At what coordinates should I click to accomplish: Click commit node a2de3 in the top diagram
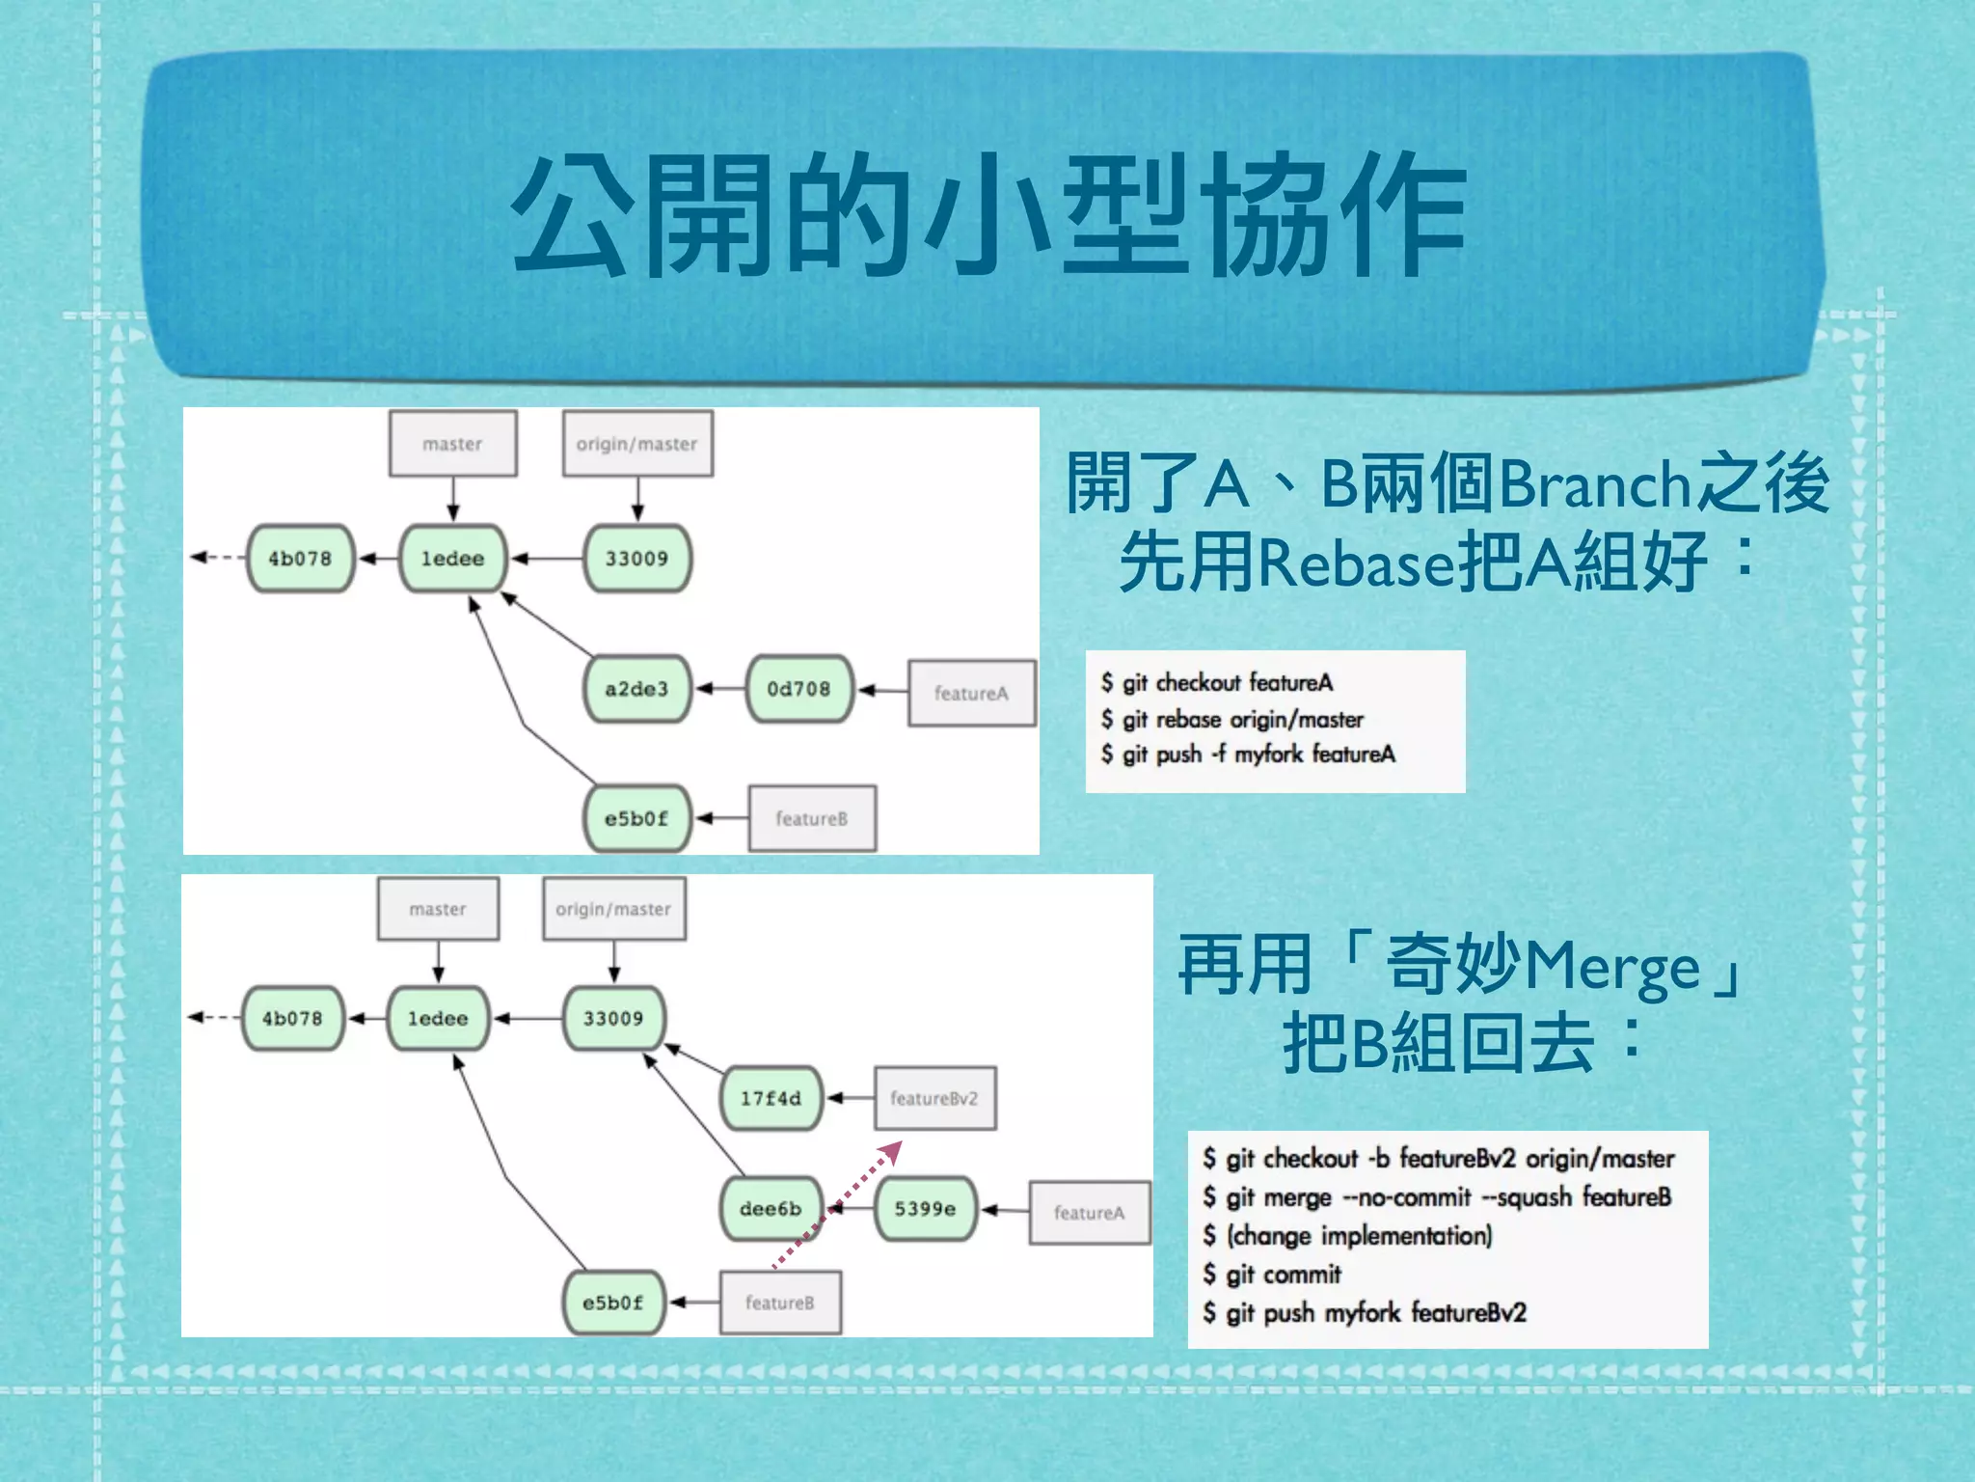[636, 689]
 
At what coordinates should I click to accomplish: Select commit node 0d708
[798, 689]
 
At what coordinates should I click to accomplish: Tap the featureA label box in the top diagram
[971, 693]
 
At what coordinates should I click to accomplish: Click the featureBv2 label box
[934, 1098]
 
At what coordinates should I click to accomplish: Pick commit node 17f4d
[771, 1098]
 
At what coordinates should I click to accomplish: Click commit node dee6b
[770, 1209]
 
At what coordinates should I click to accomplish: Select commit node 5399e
[925, 1209]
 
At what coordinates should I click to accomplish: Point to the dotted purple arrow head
[894, 1149]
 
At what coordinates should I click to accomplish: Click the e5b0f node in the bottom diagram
[612, 1303]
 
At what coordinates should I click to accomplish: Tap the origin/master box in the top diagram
[637, 444]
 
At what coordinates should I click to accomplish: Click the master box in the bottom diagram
[438, 909]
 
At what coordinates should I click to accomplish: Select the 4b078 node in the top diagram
[300, 559]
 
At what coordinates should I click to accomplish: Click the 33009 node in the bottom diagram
[613, 1019]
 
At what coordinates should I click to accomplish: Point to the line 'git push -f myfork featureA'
[1258, 755]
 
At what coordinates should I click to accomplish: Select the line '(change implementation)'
[1358, 1236]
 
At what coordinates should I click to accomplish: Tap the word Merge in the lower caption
[1610, 968]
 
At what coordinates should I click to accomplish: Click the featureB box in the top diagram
[812, 818]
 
